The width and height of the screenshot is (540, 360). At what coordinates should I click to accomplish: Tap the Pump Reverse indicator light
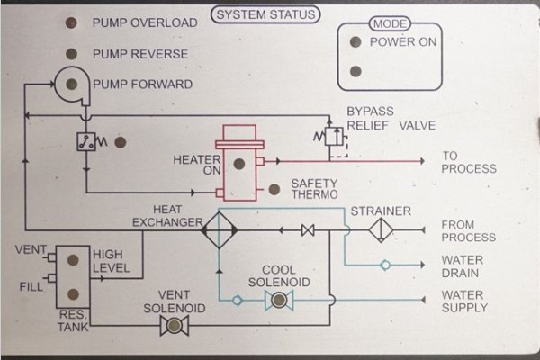(x=71, y=54)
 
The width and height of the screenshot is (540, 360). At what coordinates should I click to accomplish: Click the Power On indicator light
(x=355, y=42)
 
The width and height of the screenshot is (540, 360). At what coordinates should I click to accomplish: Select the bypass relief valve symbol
(x=328, y=138)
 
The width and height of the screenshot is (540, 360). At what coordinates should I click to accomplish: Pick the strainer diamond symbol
(x=382, y=231)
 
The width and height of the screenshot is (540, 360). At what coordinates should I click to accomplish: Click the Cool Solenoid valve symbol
(x=278, y=301)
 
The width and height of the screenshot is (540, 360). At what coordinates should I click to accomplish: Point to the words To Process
(x=468, y=162)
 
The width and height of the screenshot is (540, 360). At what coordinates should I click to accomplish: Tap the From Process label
(x=468, y=230)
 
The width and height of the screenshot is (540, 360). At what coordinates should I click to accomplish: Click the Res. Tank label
(x=75, y=322)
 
